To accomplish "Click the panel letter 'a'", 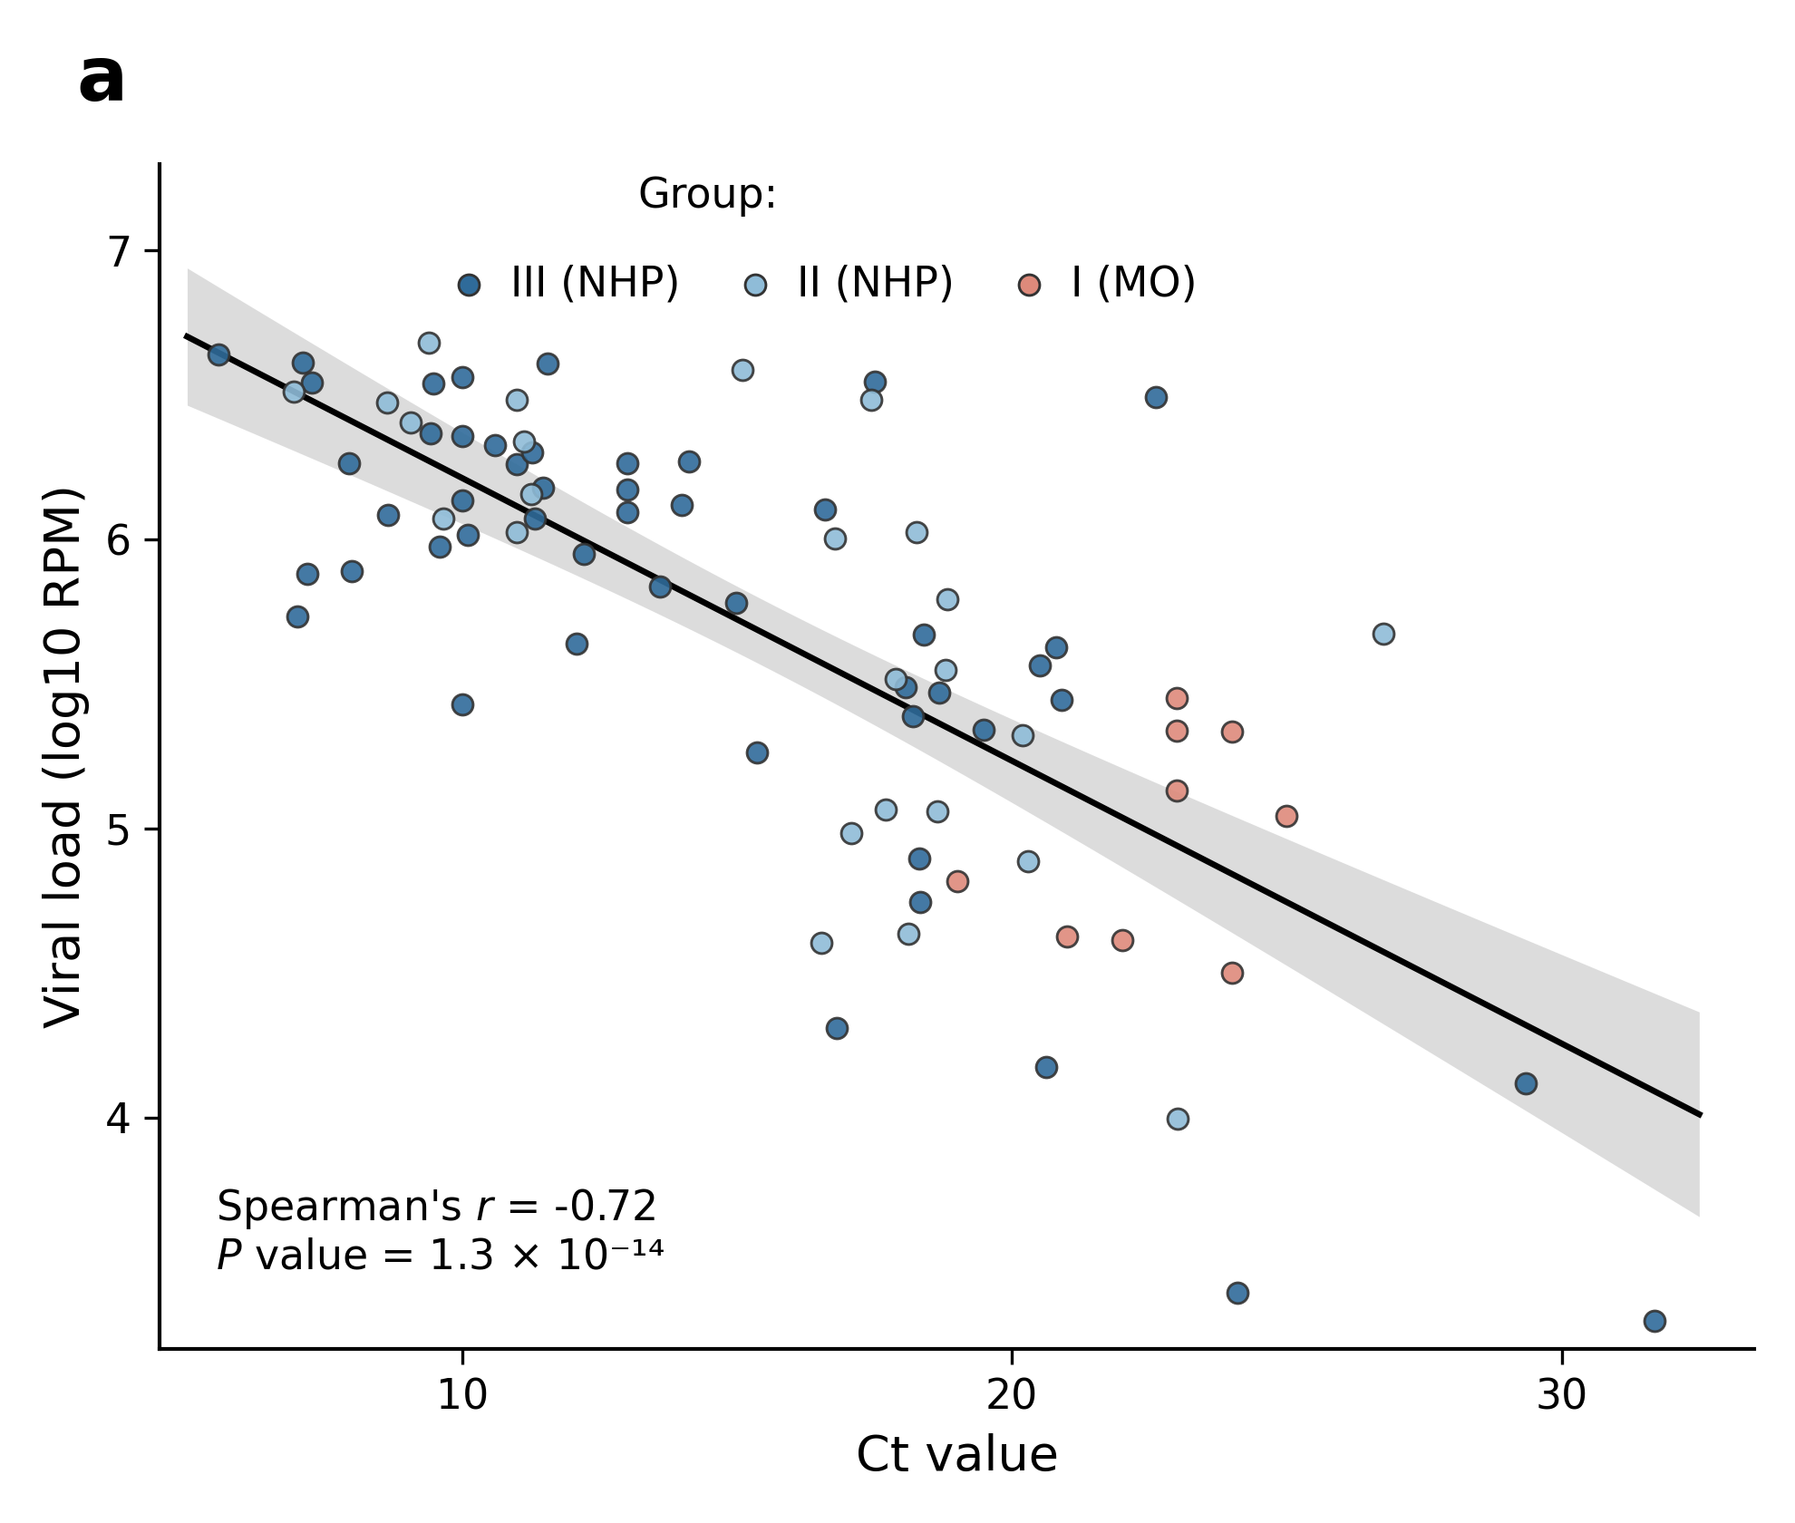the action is click(102, 80).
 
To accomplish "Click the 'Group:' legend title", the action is click(707, 194).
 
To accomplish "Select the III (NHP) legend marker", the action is click(469, 286).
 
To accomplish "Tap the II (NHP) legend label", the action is click(875, 283).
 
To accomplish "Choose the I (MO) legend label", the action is click(1133, 283).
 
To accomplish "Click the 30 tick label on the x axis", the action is click(1562, 1395).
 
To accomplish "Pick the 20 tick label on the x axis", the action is click(1012, 1395).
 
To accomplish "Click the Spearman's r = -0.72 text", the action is click(437, 1207).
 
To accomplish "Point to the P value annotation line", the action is click(441, 1256).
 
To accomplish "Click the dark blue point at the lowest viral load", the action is click(1654, 1321).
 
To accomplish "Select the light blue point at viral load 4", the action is click(1178, 1119).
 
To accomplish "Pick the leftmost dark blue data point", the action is click(218, 354).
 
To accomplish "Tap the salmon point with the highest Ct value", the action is click(1286, 816).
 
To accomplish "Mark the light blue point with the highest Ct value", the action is click(1383, 634).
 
